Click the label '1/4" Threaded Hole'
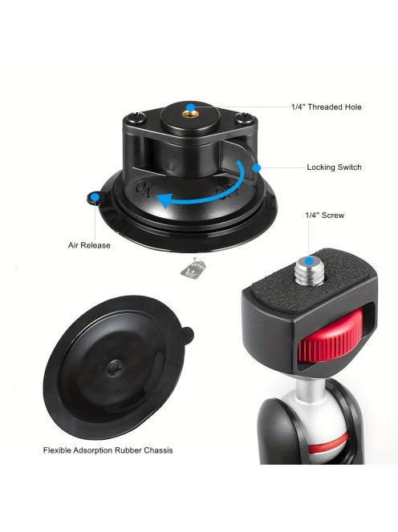(x=327, y=107)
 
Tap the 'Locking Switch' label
(x=334, y=167)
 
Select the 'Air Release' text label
(x=89, y=245)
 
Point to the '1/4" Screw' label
(x=325, y=216)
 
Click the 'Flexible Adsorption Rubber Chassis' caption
(x=108, y=450)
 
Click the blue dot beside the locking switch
(x=257, y=167)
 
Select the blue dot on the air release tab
(x=95, y=196)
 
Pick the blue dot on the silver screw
(x=309, y=261)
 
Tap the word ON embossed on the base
(x=144, y=189)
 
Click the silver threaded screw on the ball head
(x=309, y=271)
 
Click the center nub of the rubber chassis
(x=116, y=367)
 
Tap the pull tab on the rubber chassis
(x=188, y=335)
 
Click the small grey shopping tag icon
(x=193, y=268)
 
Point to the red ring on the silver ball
(x=328, y=442)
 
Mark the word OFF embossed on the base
(x=227, y=192)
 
